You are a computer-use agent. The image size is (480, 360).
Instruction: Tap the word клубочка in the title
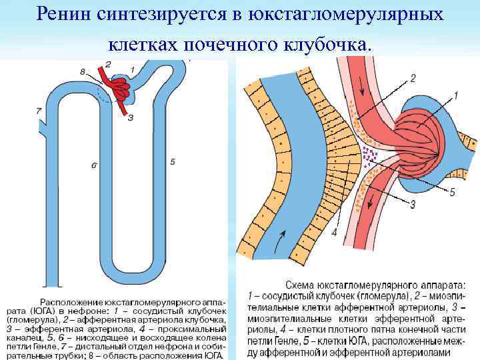[327, 45]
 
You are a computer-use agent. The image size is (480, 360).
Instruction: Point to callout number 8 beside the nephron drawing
[82, 71]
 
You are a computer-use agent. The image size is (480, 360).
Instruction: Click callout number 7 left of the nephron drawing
[39, 110]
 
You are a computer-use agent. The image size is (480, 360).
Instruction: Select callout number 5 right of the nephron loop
[173, 161]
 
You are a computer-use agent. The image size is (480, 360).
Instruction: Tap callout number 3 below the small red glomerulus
[131, 117]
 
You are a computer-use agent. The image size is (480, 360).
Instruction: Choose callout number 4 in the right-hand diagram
[333, 232]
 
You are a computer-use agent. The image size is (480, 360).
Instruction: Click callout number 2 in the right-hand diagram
[413, 79]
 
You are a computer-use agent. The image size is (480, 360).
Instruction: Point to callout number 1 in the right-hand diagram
[456, 96]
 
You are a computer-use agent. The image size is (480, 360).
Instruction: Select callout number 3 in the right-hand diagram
[413, 205]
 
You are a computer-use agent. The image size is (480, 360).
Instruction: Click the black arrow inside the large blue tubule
[283, 237]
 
